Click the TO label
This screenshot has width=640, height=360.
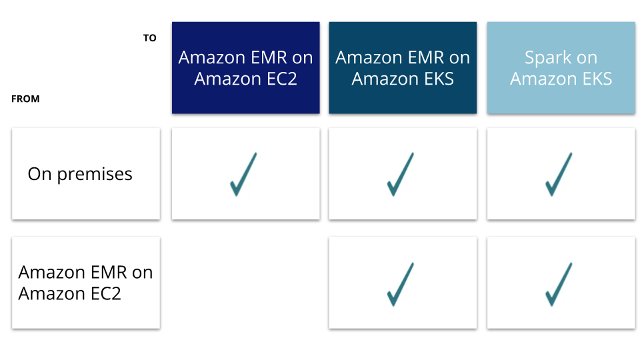pos(150,38)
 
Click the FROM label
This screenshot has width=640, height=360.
pos(25,99)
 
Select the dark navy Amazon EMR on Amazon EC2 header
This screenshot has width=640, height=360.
pos(246,68)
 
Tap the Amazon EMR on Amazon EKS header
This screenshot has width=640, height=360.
pos(403,68)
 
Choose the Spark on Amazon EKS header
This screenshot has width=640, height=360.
pos(561,68)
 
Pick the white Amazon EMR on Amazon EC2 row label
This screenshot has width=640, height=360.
pos(86,283)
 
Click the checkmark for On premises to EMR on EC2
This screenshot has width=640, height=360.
pos(243,174)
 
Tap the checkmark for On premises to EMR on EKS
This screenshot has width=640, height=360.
pos(401,174)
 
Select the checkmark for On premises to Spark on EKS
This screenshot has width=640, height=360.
pos(559,174)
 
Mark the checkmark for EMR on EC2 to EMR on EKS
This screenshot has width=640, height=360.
pos(401,284)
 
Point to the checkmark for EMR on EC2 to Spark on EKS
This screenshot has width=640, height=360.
pos(559,284)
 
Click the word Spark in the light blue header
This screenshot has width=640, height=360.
pos(547,58)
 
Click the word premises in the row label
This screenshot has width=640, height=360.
pos(95,175)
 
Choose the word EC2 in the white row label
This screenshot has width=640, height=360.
pos(105,293)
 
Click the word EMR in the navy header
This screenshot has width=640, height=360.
pos(269,57)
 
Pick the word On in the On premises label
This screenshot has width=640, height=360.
pos(39,174)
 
